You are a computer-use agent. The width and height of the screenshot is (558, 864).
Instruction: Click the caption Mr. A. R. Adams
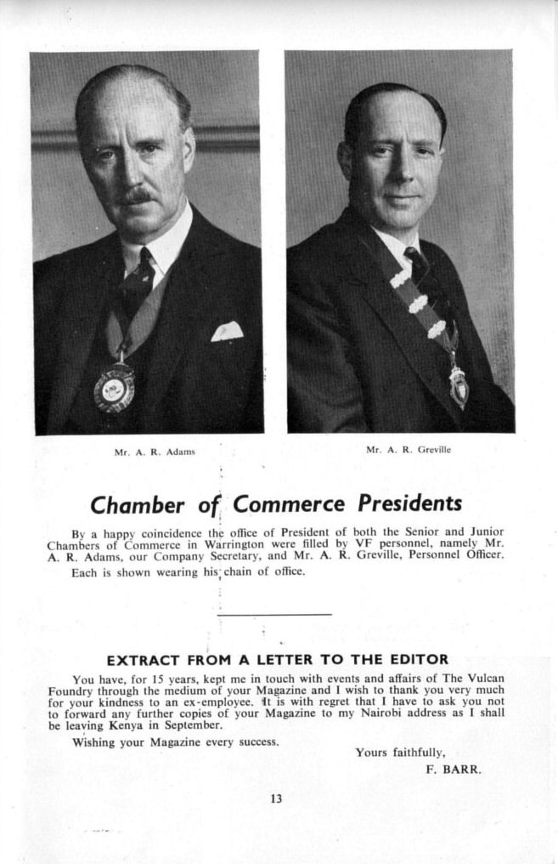click(x=155, y=452)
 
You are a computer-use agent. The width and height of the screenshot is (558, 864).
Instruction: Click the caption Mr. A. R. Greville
click(x=409, y=449)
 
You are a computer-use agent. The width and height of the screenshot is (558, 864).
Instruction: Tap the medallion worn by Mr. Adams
click(x=114, y=389)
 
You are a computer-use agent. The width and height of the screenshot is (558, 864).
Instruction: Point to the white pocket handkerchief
click(x=227, y=331)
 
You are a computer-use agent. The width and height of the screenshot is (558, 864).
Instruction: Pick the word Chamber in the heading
click(x=137, y=505)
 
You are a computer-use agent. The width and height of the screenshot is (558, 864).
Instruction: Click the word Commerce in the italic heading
click(x=289, y=504)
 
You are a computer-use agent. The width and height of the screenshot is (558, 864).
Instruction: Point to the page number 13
click(x=276, y=799)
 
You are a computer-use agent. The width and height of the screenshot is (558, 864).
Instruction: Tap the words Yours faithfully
click(x=400, y=753)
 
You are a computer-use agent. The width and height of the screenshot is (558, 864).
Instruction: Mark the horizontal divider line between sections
click(x=274, y=614)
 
